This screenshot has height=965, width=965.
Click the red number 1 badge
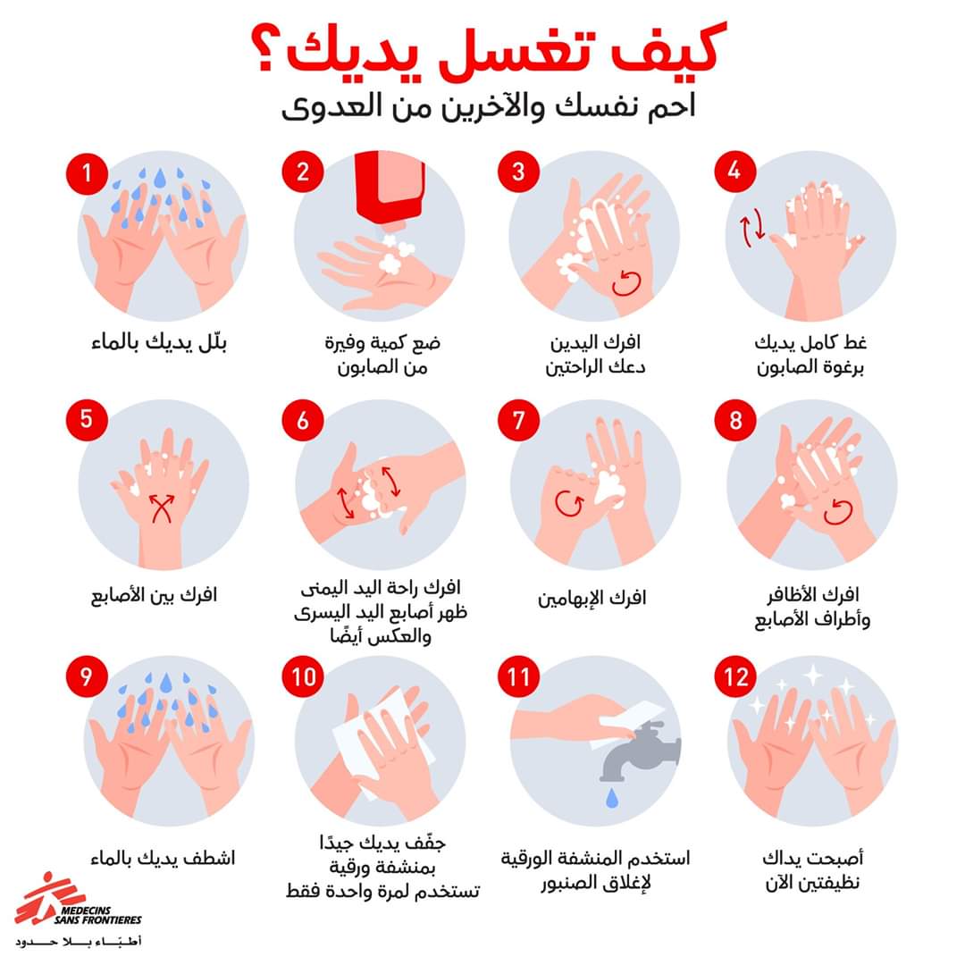tap(87, 174)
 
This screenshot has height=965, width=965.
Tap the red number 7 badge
tap(519, 421)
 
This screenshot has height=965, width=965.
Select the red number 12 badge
tap(735, 677)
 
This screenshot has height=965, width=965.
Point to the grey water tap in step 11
tap(640, 751)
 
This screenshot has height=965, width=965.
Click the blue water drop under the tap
tap(612, 798)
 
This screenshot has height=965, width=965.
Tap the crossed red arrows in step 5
tap(162, 508)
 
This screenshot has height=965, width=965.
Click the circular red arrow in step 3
tap(626, 283)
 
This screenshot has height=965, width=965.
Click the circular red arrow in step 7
tap(569, 503)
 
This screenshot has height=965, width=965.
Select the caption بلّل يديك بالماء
tap(159, 342)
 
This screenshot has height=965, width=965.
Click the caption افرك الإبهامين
tap(592, 598)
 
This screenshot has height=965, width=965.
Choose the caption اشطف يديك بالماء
tap(164, 858)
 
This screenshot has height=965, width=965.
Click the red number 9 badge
tap(87, 677)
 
